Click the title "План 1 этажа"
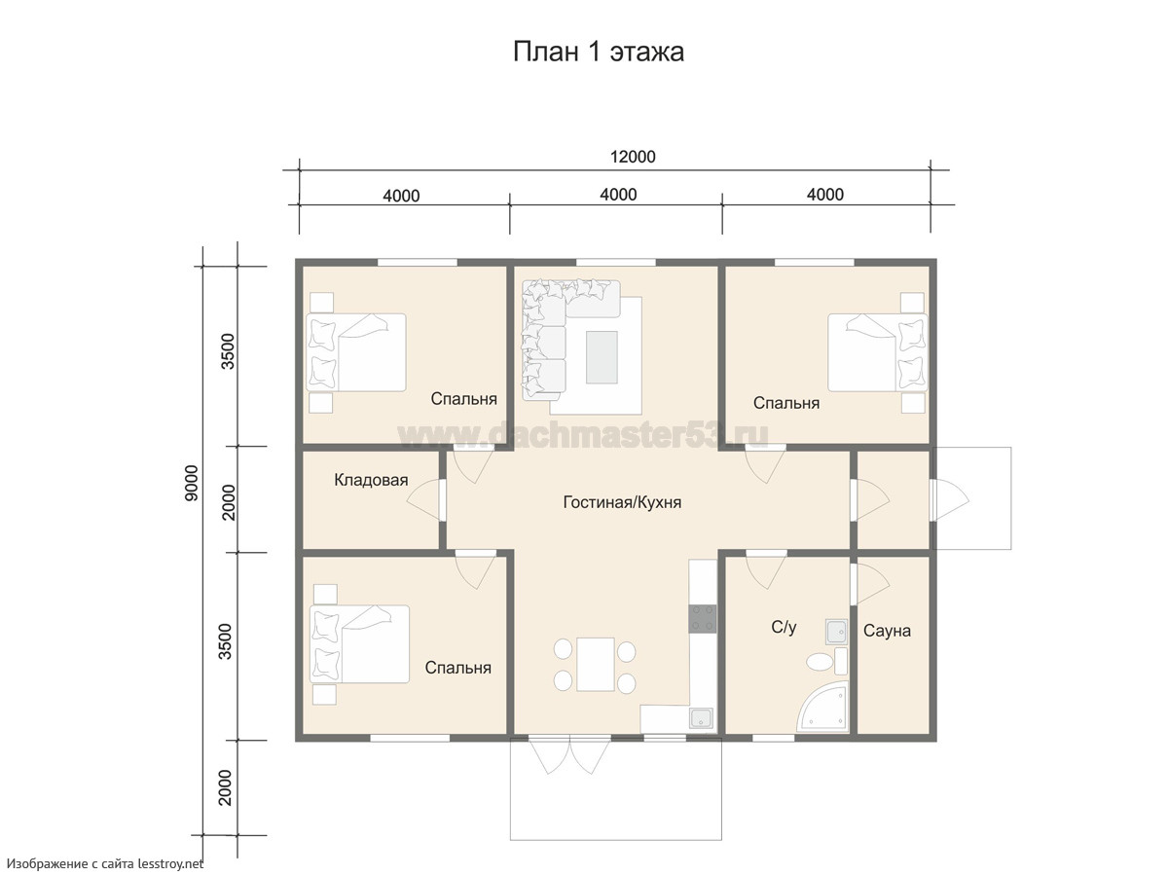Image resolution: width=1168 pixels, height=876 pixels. pyautogui.click(x=598, y=53)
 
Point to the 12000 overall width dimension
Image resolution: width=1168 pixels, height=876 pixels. pyautogui.click(x=633, y=157)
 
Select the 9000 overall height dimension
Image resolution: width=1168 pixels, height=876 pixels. pyautogui.click(x=191, y=483)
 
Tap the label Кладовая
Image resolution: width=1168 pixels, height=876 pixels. pyautogui.click(x=371, y=480)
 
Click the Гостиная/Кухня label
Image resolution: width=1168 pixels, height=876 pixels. pyautogui.click(x=622, y=502)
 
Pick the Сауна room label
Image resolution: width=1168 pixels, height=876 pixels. pyautogui.click(x=887, y=631)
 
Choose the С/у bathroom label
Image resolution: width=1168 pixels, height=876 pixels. pyautogui.click(x=784, y=628)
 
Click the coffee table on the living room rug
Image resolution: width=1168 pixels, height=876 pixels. pyautogui.click(x=602, y=357)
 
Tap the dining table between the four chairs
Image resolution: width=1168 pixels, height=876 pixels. pyautogui.click(x=596, y=665)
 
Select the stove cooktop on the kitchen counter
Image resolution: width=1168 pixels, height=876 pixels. pyautogui.click(x=703, y=619)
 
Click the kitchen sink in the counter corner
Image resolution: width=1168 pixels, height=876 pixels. pyautogui.click(x=702, y=718)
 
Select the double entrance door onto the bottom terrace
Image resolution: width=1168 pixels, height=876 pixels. pyautogui.click(x=570, y=754)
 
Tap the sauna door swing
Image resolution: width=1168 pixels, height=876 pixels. pyautogui.click(x=869, y=584)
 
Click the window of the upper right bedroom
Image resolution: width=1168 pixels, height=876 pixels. pyautogui.click(x=814, y=262)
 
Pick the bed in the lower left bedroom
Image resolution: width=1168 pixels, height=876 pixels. pyautogui.click(x=360, y=644)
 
